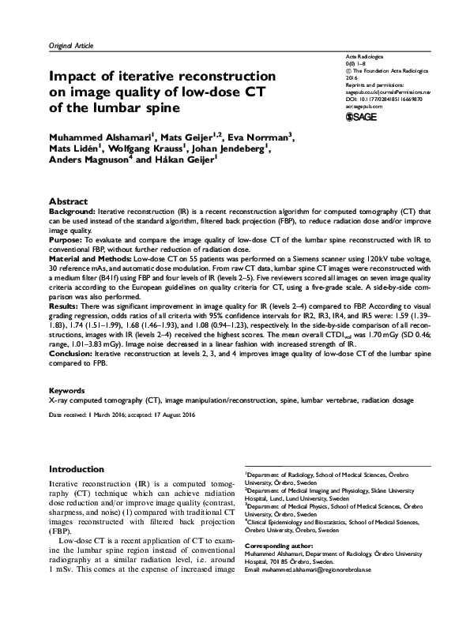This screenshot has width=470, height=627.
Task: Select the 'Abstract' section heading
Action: coord(69,202)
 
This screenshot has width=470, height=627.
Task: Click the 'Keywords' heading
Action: coord(67,390)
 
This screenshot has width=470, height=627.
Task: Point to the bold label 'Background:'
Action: coord(73,213)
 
